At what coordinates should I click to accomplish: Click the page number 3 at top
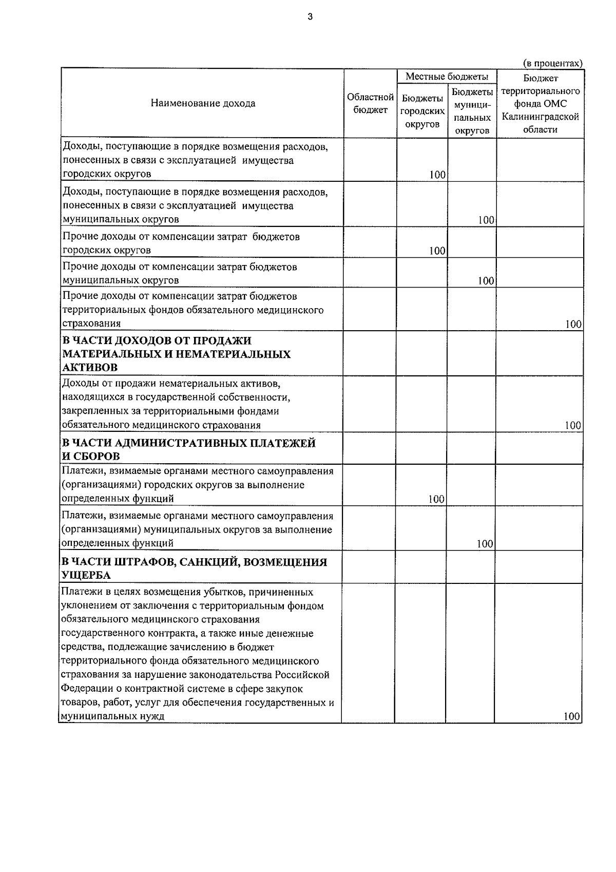310,17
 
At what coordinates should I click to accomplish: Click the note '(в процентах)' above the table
552,63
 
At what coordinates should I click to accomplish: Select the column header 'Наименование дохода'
203,103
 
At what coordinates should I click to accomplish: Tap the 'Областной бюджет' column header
370,103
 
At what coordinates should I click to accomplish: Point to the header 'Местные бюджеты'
447,77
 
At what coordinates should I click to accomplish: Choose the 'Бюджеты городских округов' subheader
422,111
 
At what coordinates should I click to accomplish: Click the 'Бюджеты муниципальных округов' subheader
472,111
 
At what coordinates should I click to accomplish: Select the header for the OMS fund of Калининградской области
540,103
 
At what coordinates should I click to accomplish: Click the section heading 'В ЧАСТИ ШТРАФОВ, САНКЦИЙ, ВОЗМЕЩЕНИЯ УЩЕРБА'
194,568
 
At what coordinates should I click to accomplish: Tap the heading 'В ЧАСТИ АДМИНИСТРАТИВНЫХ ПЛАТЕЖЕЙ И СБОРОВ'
188,449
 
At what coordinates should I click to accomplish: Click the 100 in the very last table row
571,716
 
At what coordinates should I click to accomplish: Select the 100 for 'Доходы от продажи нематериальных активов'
572,425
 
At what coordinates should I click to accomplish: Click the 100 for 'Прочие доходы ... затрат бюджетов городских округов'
437,251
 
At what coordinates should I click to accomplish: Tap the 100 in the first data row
437,175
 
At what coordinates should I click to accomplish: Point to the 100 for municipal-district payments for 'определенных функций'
485,544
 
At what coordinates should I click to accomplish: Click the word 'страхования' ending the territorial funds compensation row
91,324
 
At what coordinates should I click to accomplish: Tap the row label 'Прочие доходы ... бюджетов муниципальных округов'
179,273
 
